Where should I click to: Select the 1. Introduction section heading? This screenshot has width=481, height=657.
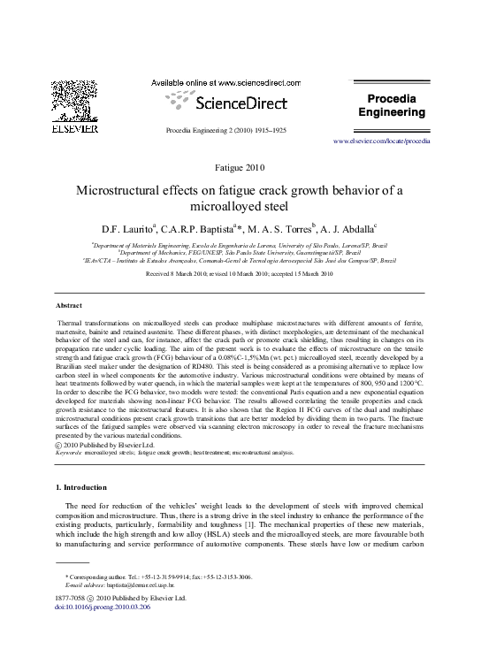[x=80, y=487]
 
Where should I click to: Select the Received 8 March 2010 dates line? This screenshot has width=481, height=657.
[x=240, y=275]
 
